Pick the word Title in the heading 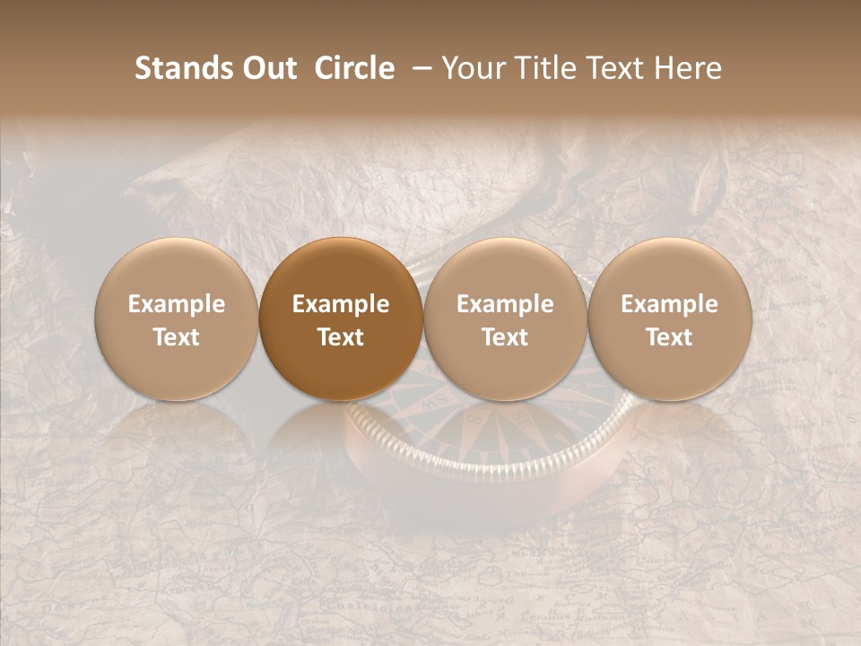[550, 68]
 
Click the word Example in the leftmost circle [177, 304]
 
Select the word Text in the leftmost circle [177, 336]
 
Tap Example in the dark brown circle [341, 304]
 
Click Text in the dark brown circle [341, 336]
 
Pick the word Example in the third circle [505, 304]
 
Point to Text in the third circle [505, 336]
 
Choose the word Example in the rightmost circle [669, 304]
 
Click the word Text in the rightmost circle [669, 336]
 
